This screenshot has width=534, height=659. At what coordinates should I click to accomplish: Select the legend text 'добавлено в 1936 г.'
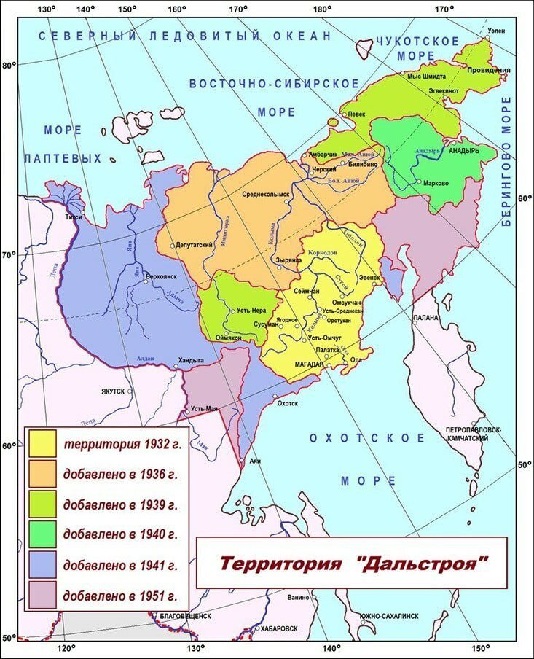120,473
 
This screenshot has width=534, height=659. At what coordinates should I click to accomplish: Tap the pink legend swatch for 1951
44,594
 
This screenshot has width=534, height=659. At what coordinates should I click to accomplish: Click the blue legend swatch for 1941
44,564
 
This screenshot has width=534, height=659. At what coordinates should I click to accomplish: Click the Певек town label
356,114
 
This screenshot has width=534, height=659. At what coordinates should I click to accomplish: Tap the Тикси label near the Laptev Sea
74,217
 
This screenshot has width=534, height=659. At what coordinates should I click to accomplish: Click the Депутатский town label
195,245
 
